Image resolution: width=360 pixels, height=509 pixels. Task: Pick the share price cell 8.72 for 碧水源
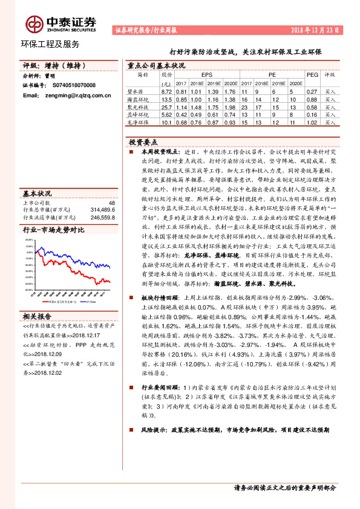167,91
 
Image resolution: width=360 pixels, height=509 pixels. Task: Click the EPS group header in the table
208,75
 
